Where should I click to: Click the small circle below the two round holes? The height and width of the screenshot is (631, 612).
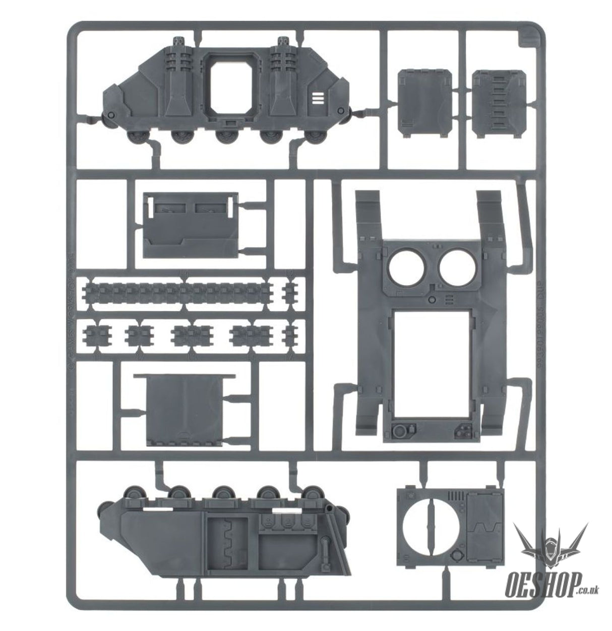click(x=432, y=301)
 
